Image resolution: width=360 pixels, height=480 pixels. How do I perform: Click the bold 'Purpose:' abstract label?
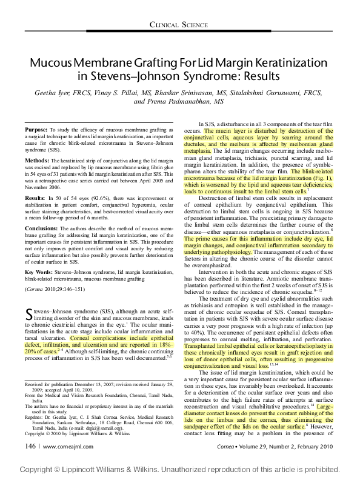pyautogui.click(x=36, y=130)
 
